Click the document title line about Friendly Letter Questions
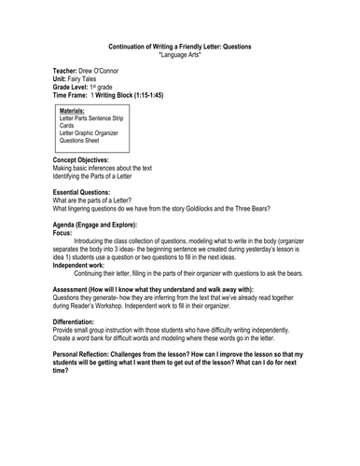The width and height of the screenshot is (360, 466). [x=180, y=46]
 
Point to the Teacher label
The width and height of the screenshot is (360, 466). [x=70, y=71]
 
